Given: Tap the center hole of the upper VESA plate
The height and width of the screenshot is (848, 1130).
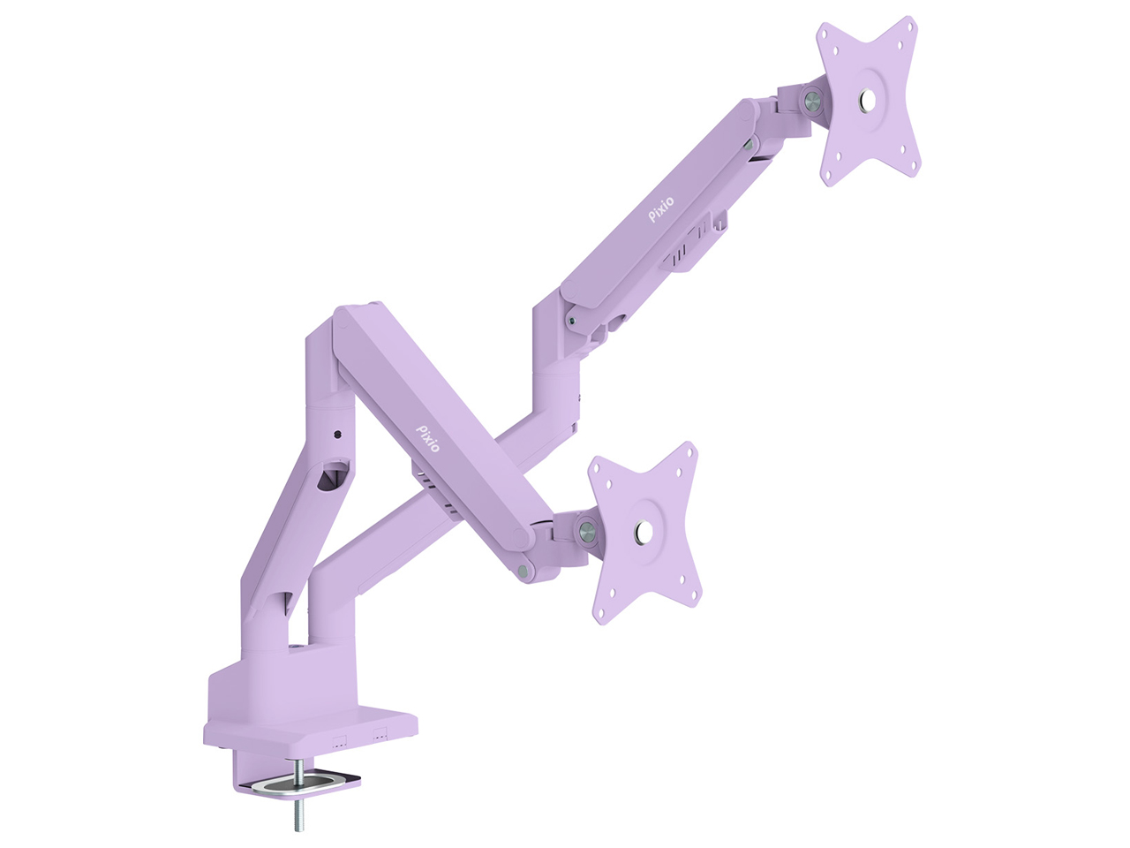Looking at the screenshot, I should pyautogui.click(x=868, y=99).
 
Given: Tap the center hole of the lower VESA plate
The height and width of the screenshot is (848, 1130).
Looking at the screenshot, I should pyautogui.click(x=642, y=531).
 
